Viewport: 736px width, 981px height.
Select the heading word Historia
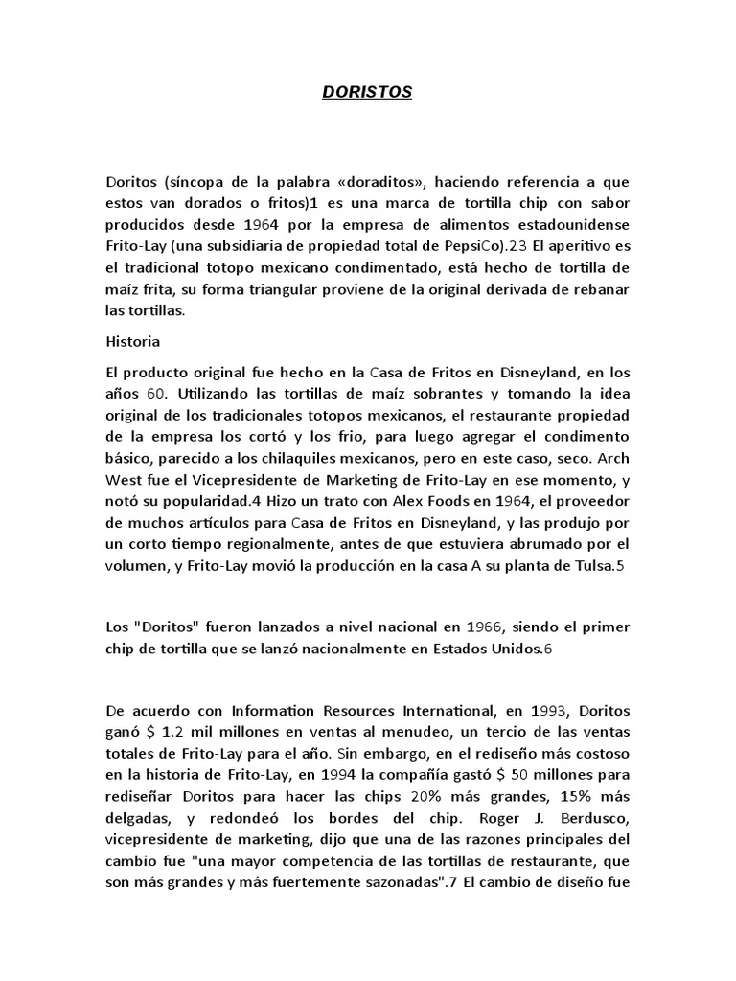pyautogui.click(x=133, y=340)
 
